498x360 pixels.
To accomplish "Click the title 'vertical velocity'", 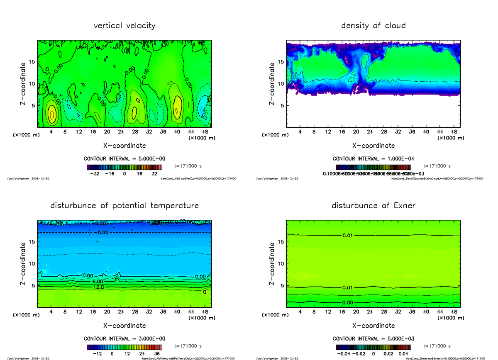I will pos(124,26).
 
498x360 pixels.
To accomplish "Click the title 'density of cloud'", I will pos(373,26).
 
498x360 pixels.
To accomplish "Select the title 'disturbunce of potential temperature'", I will pos(124,206).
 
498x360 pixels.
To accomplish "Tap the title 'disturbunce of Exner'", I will pos(373,206).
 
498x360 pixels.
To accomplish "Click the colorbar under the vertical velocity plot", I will pos(124,168).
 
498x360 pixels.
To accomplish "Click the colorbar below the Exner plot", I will pos(373,347).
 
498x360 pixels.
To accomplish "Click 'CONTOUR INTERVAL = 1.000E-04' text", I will pos(373,159).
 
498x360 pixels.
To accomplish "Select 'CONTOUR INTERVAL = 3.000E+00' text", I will pos(124,338).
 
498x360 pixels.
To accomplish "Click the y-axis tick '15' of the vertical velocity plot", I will pos(32,62).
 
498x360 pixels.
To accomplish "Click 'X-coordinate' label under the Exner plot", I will pos(373,326).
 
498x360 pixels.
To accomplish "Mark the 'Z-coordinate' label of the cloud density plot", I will pos(271,84).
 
